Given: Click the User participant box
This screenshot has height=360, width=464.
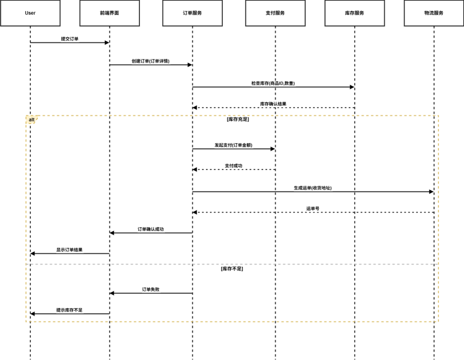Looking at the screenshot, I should coord(30,13).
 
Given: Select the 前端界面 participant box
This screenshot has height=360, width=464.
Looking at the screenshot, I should coord(109,13).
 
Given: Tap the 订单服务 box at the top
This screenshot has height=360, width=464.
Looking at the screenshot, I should coord(192,13).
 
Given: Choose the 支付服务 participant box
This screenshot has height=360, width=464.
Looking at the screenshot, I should coord(275,13).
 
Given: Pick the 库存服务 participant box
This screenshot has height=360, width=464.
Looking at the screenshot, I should coord(354,13).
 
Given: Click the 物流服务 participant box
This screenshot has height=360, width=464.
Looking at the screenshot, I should coord(433,13).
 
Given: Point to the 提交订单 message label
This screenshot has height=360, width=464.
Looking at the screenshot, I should coord(70,39).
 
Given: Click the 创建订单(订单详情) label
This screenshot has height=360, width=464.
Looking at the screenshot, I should coord(150,61).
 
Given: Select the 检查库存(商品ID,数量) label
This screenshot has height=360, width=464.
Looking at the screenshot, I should coord(273,83).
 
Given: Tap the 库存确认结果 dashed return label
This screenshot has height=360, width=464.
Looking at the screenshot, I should coord(273,104).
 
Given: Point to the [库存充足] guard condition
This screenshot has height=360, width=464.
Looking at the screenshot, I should coord(238,119).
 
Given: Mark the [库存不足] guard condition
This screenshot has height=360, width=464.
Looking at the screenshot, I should coord(232,269).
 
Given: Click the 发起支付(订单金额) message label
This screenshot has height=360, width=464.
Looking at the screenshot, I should coord(233,145).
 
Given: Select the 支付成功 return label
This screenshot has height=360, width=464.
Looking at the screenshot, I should coord(233,166).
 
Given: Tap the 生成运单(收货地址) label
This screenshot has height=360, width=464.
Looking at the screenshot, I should coord(313,188).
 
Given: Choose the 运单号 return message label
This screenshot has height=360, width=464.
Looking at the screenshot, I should coord(313,209).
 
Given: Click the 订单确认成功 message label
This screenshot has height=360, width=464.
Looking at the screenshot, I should coord(150,229).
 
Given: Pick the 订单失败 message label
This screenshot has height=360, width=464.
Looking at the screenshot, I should coord(150,290).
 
